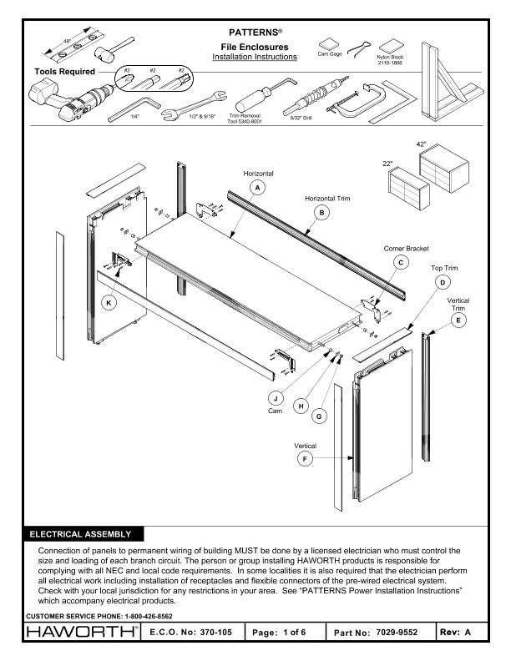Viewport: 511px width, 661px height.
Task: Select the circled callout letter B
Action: (x=320, y=213)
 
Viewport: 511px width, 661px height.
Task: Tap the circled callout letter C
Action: (x=402, y=262)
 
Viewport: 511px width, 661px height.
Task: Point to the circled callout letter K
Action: (x=108, y=302)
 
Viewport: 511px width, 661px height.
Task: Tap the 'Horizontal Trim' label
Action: (x=320, y=199)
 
